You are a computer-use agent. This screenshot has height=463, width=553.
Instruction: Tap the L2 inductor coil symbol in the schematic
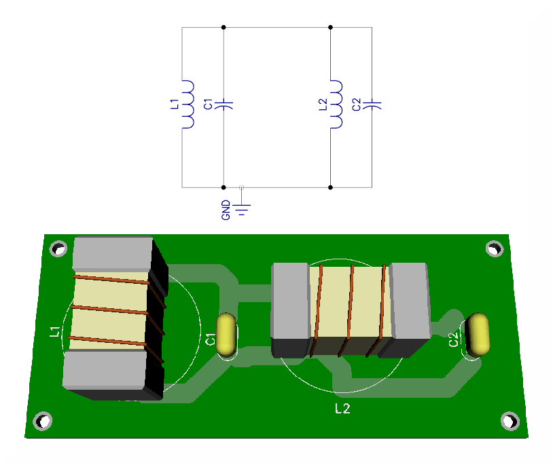(336, 105)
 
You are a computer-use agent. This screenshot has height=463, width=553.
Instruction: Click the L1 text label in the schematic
(173, 105)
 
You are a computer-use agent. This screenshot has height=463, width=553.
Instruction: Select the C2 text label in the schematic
(357, 105)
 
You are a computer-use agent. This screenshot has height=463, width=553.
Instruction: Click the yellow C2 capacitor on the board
(479, 333)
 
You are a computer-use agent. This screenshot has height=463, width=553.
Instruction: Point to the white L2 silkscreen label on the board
(342, 409)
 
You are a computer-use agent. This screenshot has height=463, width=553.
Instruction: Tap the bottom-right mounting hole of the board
(510, 421)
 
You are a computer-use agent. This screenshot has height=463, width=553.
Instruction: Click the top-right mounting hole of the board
(494, 249)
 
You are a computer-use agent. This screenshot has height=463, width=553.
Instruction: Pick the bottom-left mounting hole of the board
(43, 421)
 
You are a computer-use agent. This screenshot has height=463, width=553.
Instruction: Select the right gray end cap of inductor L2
(410, 301)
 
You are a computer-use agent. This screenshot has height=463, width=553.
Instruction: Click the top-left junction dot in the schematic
(224, 27)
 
